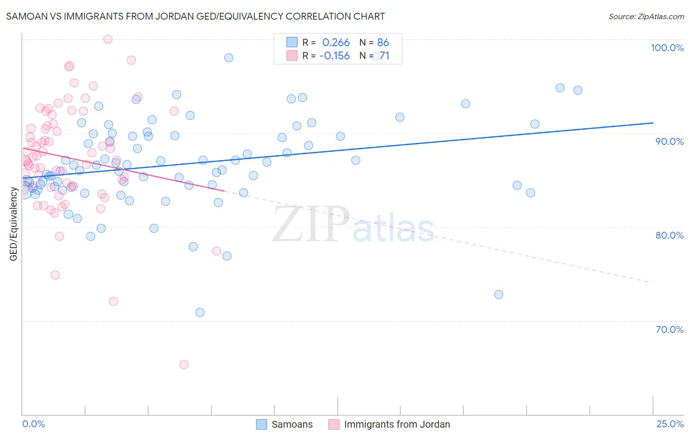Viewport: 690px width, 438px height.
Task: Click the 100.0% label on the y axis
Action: click(667, 48)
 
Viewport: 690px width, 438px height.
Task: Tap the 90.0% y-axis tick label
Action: click(669, 141)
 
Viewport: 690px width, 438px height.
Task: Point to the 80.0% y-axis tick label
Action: click(669, 235)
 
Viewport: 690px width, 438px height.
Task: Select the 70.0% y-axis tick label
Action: click(669, 329)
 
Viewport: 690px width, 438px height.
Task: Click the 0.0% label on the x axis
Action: click(33, 424)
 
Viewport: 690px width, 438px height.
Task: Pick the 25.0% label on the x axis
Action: click(670, 424)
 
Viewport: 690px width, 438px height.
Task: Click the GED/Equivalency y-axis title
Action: click(14, 224)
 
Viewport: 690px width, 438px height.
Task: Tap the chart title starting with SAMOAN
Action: click(195, 16)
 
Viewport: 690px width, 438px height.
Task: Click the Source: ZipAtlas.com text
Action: click(646, 16)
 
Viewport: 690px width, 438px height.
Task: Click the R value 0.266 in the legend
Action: click(336, 43)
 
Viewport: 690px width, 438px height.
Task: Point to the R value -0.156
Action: click(334, 56)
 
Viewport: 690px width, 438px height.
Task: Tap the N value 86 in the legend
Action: click(383, 43)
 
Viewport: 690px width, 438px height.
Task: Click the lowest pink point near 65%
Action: click(184, 364)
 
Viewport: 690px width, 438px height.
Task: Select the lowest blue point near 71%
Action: click(200, 312)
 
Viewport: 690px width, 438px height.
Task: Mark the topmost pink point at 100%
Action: click(108, 39)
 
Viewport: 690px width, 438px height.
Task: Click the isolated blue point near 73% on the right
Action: click(499, 295)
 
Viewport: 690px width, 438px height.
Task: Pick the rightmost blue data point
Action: click(578, 90)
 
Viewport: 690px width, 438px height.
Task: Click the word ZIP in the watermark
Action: click(311, 225)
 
